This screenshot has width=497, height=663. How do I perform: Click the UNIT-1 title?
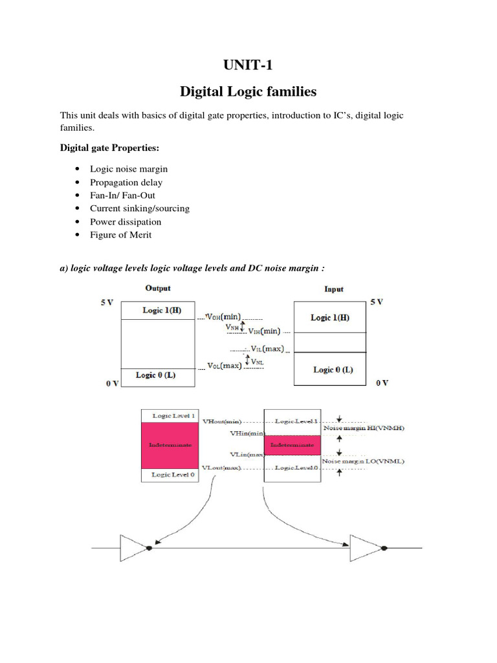click(248, 65)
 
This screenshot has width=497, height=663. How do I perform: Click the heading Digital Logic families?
click(248, 92)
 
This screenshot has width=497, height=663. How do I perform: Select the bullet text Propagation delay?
click(126, 183)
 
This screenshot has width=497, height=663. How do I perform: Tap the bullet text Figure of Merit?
click(120, 235)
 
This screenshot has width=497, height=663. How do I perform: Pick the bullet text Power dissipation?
click(126, 222)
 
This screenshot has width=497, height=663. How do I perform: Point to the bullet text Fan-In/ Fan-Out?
click(122, 196)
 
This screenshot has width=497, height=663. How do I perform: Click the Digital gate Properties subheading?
click(109, 148)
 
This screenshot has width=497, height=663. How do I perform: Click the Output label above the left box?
click(159, 288)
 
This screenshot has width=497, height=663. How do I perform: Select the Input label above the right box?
click(333, 289)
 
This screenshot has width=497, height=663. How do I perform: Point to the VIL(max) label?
click(267, 349)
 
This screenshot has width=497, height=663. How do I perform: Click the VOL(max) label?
click(224, 366)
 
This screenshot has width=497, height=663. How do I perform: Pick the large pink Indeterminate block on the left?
click(170, 445)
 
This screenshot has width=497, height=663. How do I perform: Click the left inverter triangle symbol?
click(133, 547)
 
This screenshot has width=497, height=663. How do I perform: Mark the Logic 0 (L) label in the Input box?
click(333, 370)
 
